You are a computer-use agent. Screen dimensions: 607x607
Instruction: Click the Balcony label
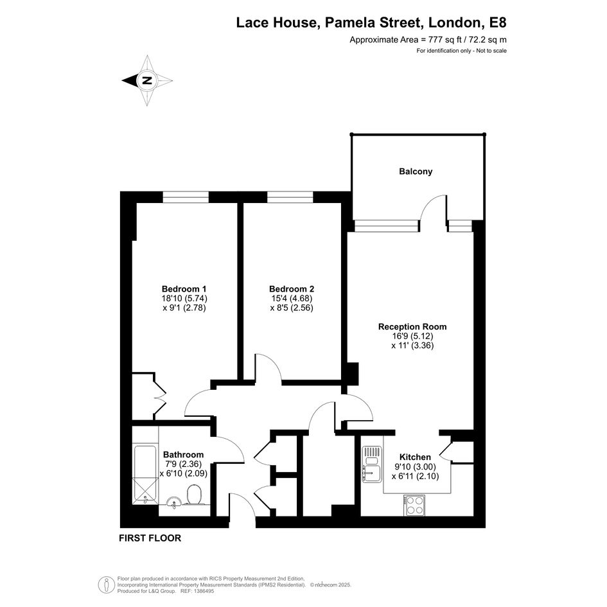tap(416, 172)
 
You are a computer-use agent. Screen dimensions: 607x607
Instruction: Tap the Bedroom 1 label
tap(184, 289)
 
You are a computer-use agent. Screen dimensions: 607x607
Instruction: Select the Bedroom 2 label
tap(292, 289)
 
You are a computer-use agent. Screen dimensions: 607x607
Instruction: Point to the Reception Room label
tap(412, 327)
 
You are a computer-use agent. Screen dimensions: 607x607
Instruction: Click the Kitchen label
tap(415, 457)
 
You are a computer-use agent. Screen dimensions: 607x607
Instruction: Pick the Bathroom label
tap(183, 455)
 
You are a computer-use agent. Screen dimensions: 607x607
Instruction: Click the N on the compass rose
tap(146, 80)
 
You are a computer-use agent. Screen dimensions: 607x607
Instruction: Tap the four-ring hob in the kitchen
tap(414, 505)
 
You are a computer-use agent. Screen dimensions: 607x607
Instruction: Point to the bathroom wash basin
tap(174, 502)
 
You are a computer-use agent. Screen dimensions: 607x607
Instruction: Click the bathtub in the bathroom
tap(145, 475)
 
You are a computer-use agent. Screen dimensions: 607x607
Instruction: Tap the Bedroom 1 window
tap(186, 197)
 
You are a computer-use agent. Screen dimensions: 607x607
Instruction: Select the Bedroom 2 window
tap(290, 197)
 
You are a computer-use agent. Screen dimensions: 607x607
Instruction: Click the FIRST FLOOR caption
tap(150, 538)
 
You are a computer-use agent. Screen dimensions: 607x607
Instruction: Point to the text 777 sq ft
tap(443, 39)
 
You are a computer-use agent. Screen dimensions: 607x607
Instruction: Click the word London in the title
tap(454, 22)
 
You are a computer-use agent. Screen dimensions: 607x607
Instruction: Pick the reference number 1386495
tap(203, 591)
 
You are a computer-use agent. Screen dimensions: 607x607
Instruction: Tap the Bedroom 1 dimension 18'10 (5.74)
tap(184, 299)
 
